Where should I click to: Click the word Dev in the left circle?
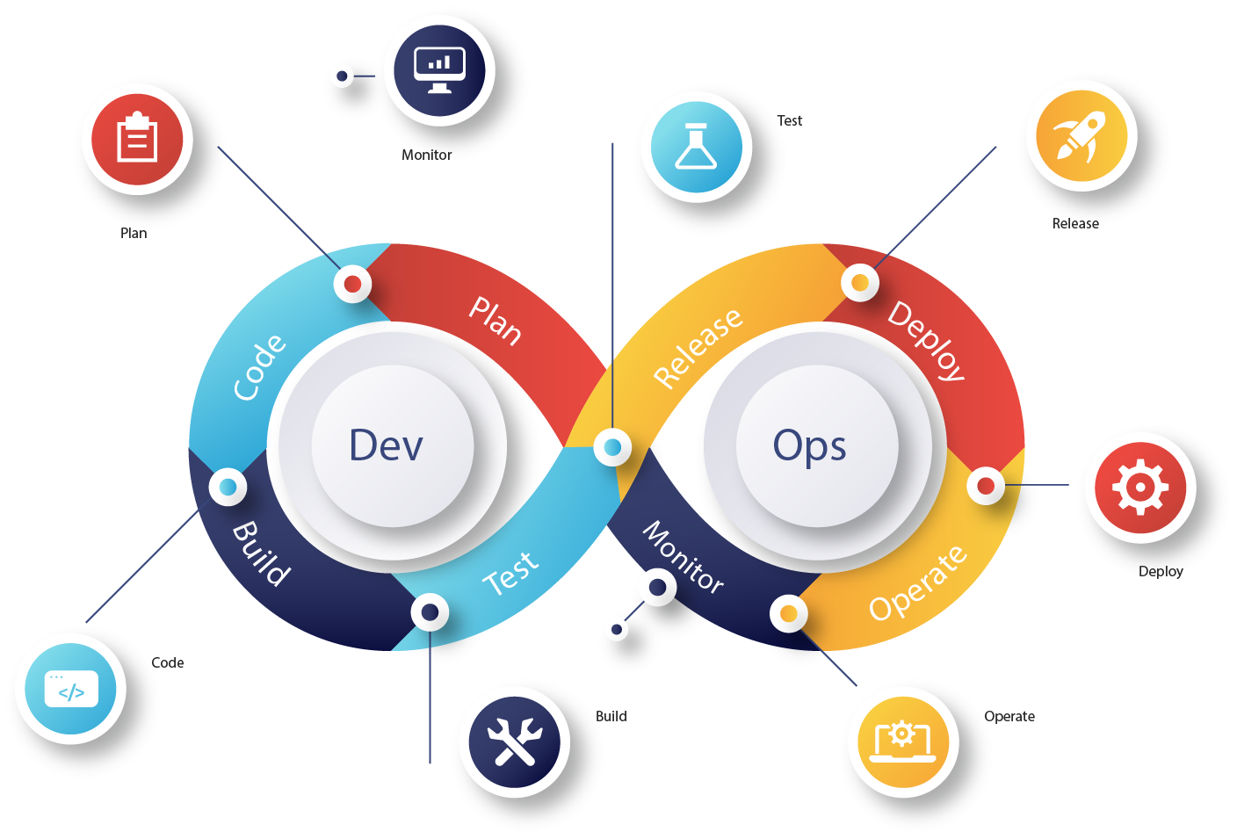386,445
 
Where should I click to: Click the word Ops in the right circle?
809,445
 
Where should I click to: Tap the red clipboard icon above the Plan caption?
137,140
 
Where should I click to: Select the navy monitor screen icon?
439,70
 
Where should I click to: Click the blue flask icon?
696,147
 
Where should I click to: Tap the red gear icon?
1139,487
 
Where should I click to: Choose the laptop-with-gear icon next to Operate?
902,742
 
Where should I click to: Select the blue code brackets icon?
71,690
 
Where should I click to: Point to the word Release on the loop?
698,347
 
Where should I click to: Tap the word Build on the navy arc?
260,553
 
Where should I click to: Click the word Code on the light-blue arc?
259,366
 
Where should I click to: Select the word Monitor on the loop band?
684,557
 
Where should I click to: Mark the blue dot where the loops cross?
612,447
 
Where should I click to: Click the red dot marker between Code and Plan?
352,284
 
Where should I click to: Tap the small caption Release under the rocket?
1075,224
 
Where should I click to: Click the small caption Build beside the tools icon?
611,716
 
